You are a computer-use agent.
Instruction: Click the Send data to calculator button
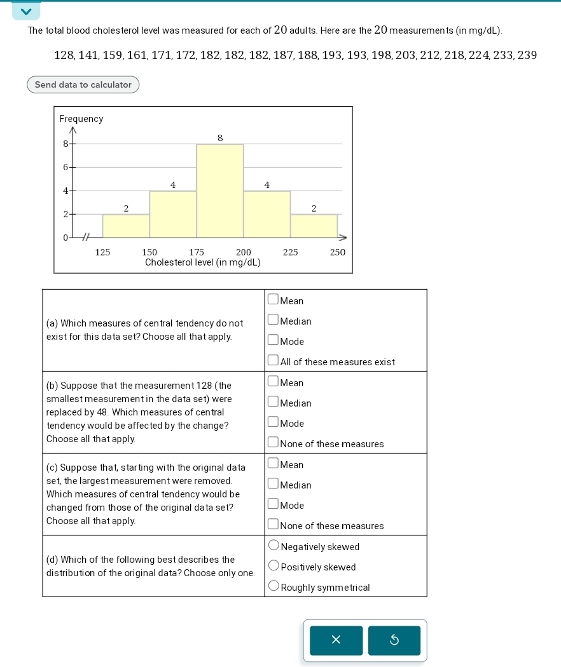point(83,84)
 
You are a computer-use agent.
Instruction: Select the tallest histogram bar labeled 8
point(219,191)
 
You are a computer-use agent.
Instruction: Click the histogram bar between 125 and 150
point(126,226)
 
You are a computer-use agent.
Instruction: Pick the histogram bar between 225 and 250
point(314,226)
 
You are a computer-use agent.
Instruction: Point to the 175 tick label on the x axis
point(197,252)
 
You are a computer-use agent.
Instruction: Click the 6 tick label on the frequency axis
point(66,167)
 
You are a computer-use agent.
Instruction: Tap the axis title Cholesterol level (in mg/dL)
point(202,262)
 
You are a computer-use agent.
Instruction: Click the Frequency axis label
point(81,119)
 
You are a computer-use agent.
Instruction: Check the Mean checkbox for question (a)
point(273,299)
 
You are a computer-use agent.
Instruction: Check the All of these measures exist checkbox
point(273,360)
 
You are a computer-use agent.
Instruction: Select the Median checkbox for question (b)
point(273,401)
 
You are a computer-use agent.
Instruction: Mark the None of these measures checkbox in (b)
point(273,442)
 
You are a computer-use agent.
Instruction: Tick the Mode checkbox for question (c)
point(273,504)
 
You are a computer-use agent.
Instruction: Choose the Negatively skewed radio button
point(274,545)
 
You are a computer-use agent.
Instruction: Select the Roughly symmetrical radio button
point(274,586)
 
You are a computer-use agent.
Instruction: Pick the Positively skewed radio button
point(274,565)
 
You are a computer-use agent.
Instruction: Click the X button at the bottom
point(336,640)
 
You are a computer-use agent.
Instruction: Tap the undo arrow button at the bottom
point(394,640)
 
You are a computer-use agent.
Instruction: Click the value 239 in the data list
point(527,55)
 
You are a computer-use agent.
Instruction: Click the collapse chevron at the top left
point(26,11)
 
